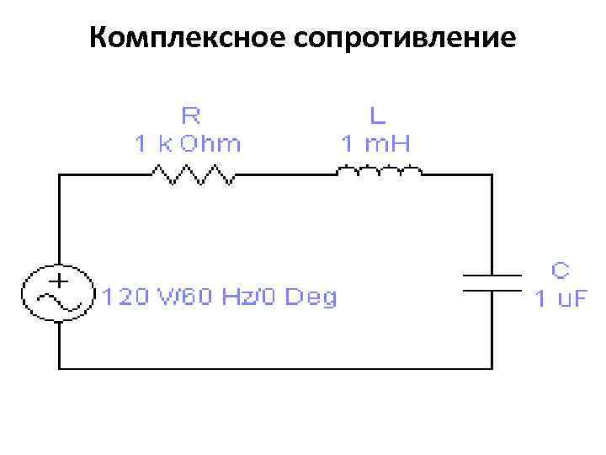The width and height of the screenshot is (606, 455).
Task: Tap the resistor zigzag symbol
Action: pyautogui.click(x=192, y=174)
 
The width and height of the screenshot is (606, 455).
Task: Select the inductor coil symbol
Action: pyautogui.click(x=379, y=173)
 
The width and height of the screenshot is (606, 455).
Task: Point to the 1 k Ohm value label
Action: pyautogui.click(x=189, y=143)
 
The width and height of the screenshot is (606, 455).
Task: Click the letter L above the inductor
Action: pyautogui.click(x=375, y=113)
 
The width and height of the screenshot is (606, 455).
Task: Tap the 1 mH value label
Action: pyautogui.click(x=375, y=143)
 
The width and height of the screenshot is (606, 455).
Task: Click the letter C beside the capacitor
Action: pyautogui.click(x=561, y=270)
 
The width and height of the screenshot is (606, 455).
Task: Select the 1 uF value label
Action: pyautogui.click(x=561, y=298)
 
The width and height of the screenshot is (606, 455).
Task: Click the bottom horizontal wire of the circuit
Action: pyautogui.click(x=275, y=368)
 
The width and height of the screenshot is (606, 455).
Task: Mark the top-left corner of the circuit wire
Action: pyautogui.click(x=59, y=174)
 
